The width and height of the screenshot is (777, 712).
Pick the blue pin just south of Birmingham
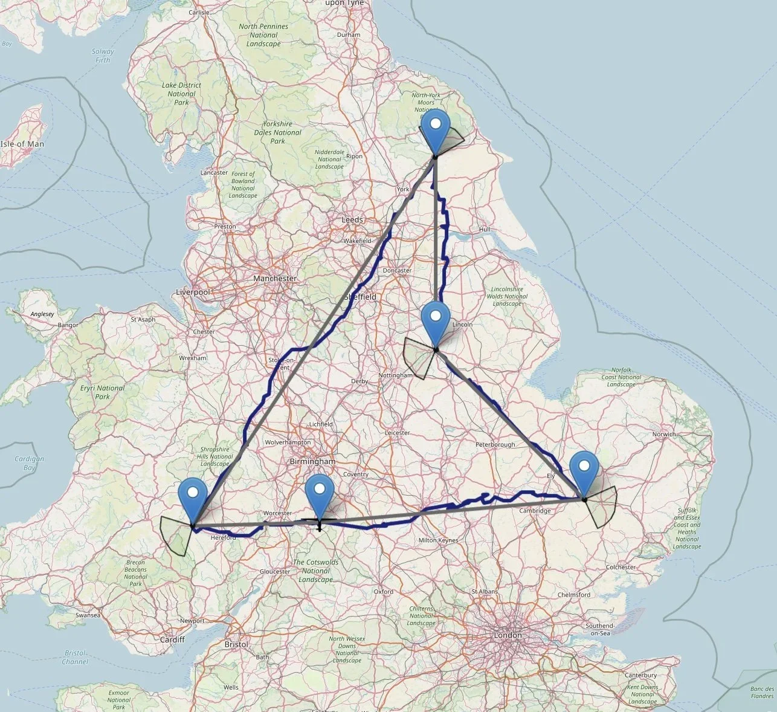pos(320,493)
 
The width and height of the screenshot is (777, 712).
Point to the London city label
pos(508,635)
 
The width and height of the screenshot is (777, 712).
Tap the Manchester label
pos(275,279)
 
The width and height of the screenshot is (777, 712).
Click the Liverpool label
pos(193,292)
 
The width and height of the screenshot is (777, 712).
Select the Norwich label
pos(663,434)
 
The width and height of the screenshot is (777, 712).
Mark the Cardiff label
pos(172,639)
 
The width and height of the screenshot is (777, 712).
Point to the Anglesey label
pos(42,314)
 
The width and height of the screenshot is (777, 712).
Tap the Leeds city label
pos(352,220)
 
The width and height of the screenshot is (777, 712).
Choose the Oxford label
pos(384,592)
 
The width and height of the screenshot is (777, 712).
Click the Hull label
pos(484,230)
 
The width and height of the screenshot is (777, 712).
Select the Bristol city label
pos(236,644)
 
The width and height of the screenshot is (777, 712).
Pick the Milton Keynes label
pos(436,540)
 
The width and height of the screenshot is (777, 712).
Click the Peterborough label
pos(495,445)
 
